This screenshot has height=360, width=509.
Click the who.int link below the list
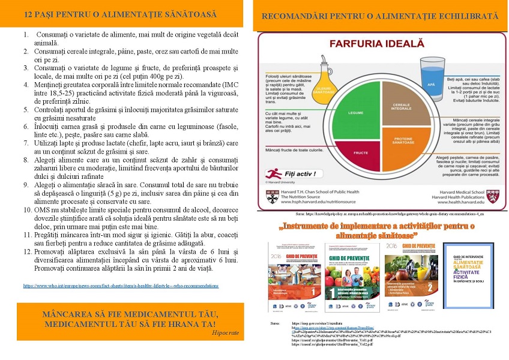121,286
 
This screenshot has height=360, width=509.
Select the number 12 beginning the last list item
28,251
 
